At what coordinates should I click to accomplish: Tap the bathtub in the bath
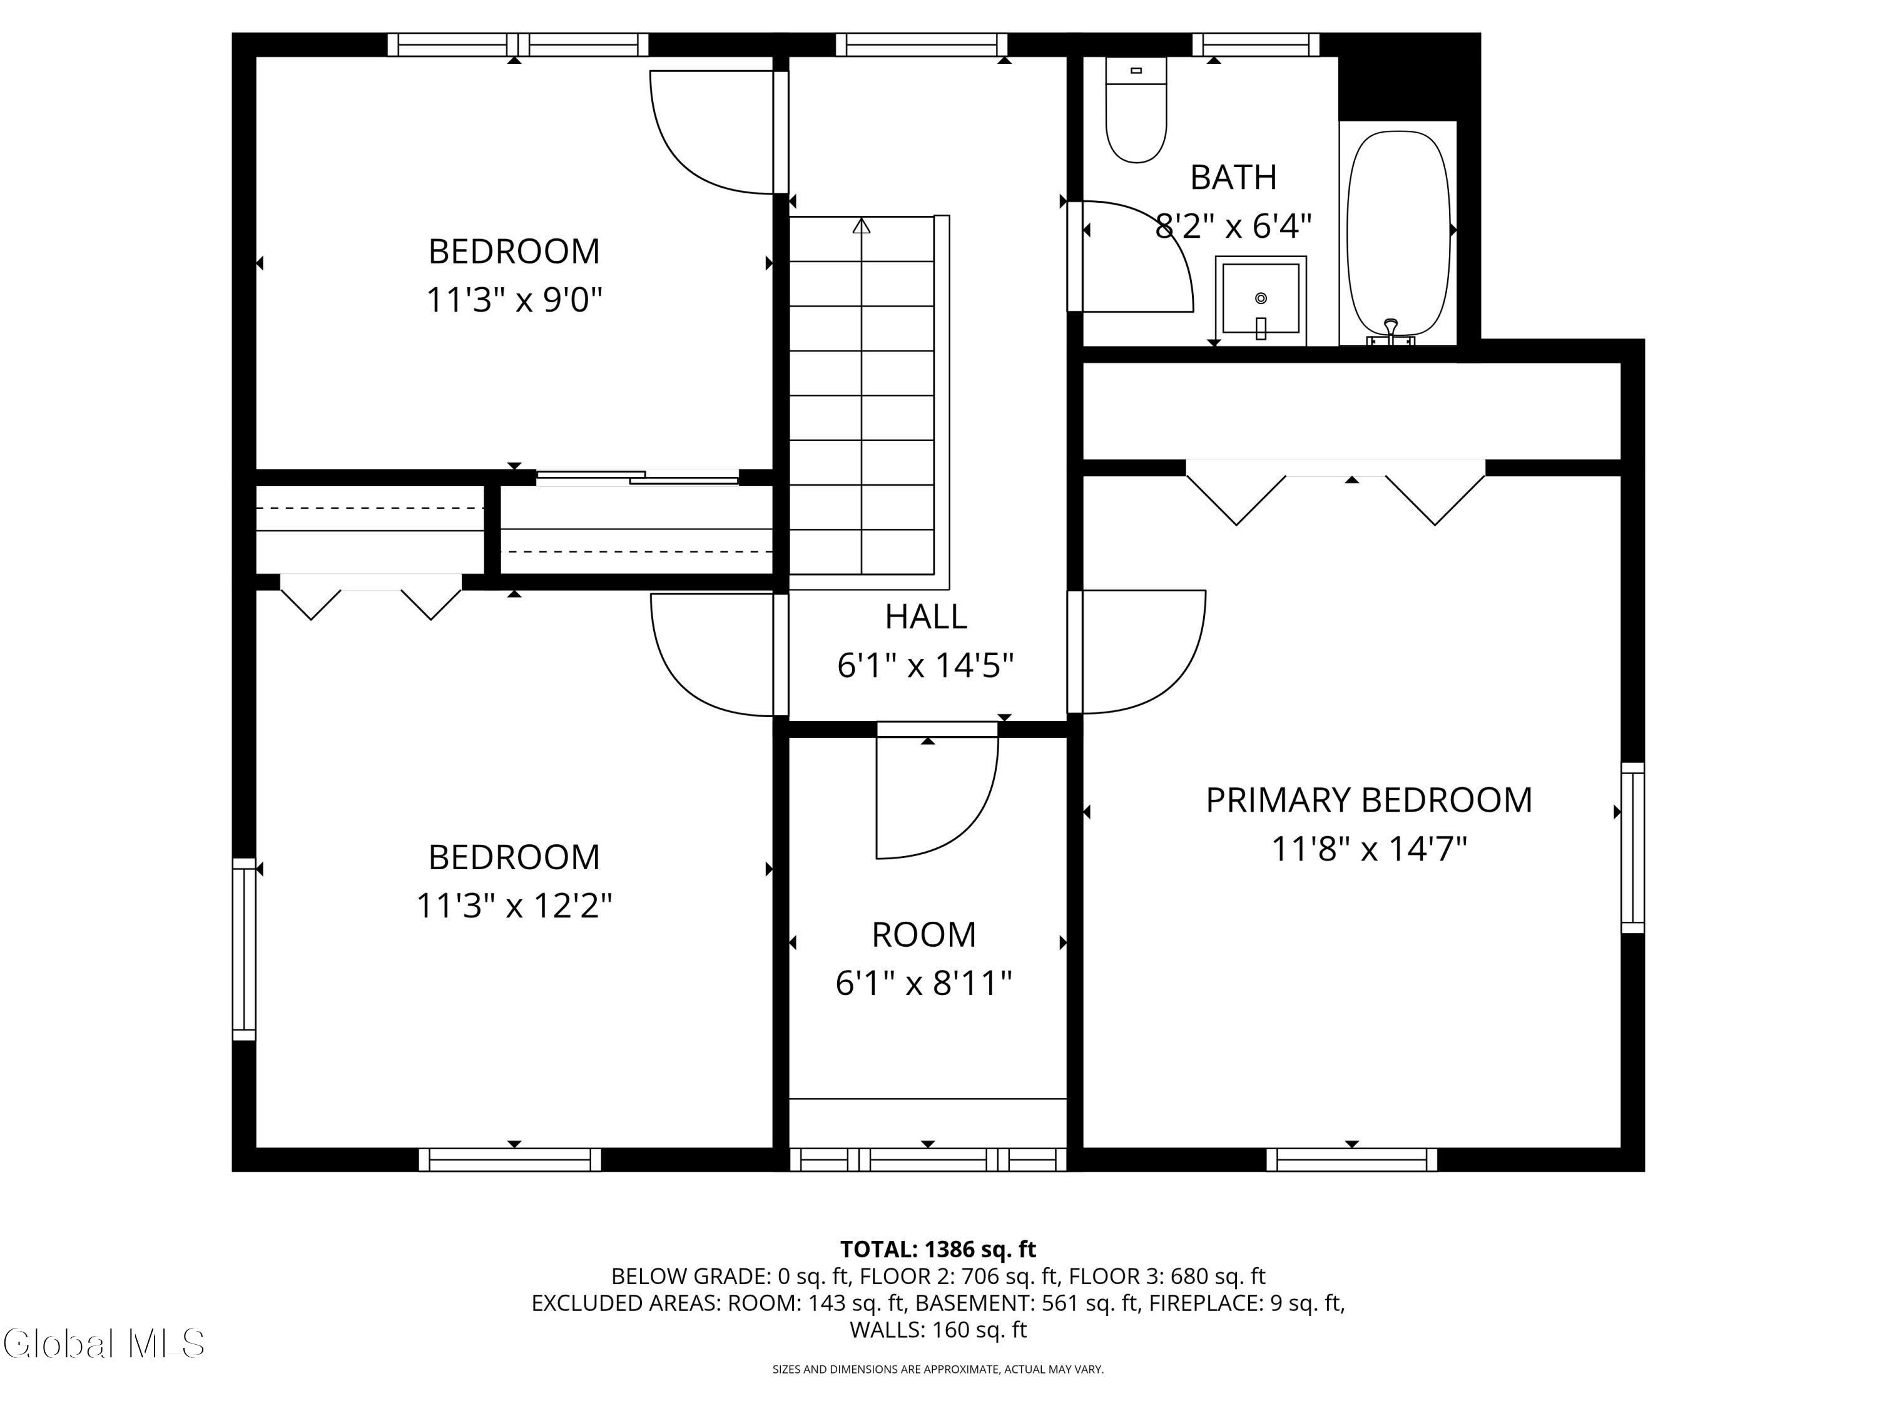pyautogui.click(x=1398, y=233)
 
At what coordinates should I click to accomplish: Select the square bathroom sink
pyautogui.click(x=1260, y=298)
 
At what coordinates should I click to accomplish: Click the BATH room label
pyautogui.click(x=1233, y=177)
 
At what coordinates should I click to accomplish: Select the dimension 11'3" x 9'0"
pyautogui.click(x=514, y=300)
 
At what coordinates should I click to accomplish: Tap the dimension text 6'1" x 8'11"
pyautogui.click(x=923, y=984)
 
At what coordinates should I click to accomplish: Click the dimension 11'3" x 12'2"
pyautogui.click(x=514, y=906)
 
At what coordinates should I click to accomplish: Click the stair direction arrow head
pyautogui.click(x=862, y=226)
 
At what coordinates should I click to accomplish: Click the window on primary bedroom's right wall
pyautogui.click(x=1632, y=847)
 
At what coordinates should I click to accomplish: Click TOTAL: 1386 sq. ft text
pyautogui.click(x=938, y=1249)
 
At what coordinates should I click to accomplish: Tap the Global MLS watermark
pyautogui.click(x=103, y=1344)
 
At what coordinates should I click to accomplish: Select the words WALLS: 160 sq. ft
pyautogui.click(x=938, y=1329)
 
